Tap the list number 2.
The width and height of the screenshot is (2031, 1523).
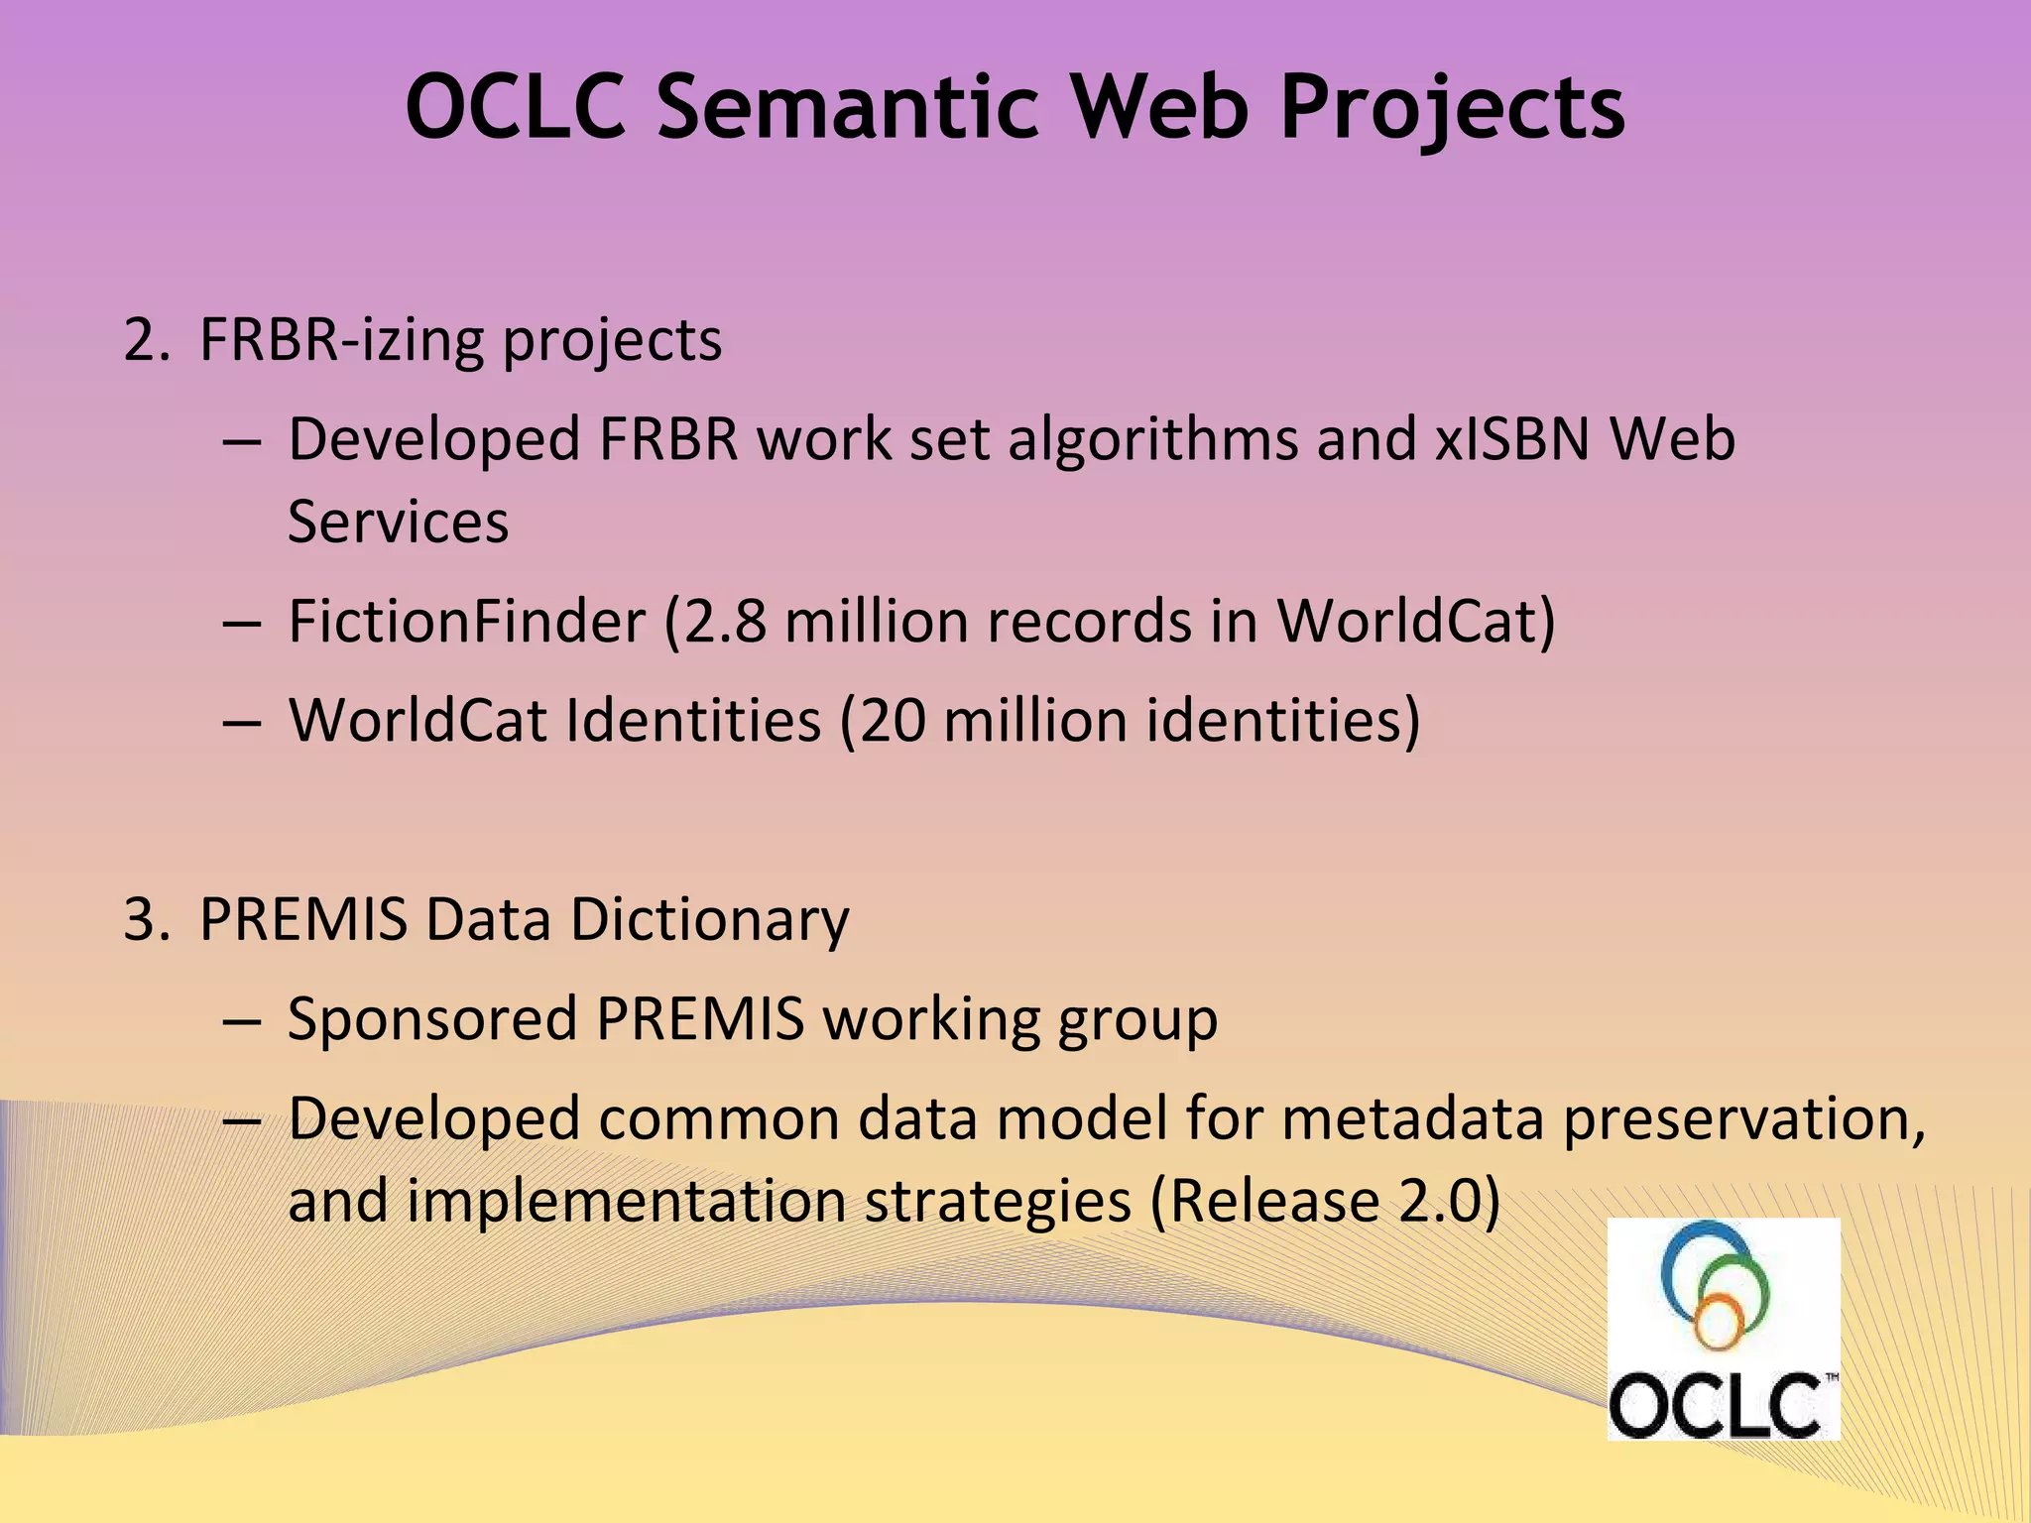pos(141,340)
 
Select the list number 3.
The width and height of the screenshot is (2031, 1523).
pos(141,920)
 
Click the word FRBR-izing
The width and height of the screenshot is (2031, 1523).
pos(341,340)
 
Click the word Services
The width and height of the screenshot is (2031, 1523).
pos(398,522)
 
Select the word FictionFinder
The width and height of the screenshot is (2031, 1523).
pos(466,622)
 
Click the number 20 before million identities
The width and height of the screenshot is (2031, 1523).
pos(892,721)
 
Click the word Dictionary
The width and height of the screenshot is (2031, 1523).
pos(708,920)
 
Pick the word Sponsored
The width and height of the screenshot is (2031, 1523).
pos(432,1019)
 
